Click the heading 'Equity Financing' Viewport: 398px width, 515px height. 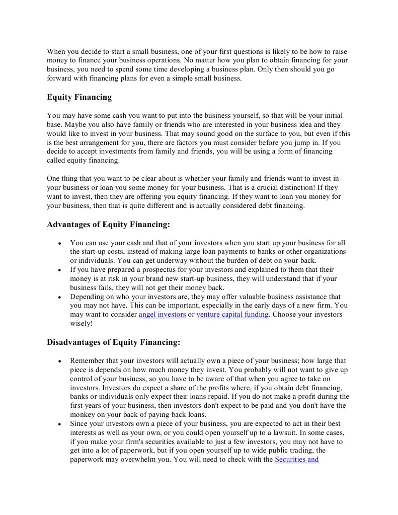coord(79,97)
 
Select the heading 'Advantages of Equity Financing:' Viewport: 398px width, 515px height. coord(108,225)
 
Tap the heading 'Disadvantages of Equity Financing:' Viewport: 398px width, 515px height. coord(113,342)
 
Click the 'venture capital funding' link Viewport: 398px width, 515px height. coord(232,315)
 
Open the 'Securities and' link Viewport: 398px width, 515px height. coord(296,459)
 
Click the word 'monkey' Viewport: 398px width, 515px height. coord(83,414)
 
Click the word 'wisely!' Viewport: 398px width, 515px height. coord(82,324)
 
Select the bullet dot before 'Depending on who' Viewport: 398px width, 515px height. coord(59,298)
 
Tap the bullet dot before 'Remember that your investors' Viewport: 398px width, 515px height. coord(59,361)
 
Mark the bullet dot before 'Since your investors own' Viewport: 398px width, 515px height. coord(59,424)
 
